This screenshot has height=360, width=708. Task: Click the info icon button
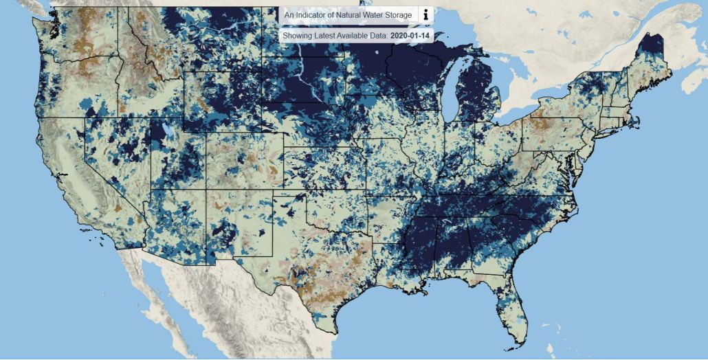click(425, 14)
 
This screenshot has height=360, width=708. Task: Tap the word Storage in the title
click(398, 15)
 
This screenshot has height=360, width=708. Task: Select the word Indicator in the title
click(310, 15)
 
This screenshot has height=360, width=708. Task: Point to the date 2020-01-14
click(408, 34)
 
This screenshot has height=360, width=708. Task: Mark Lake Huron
click(505, 72)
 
